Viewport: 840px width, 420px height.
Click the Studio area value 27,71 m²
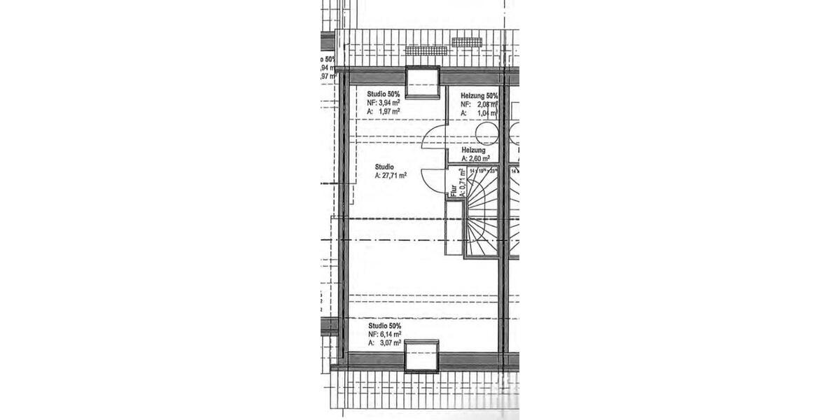coord(391,176)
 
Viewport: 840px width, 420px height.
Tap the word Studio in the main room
coord(384,167)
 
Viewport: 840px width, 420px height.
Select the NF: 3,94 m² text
coord(384,102)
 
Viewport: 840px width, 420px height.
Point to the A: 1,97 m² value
coord(384,111)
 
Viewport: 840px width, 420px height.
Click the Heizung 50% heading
coord(479,96)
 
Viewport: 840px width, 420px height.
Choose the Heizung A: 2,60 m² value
coord(475,159)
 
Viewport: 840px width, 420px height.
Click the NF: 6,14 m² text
coord(384,335)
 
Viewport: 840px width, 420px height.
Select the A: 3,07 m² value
coord(384,344)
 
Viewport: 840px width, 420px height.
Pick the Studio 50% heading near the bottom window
coord(384,326)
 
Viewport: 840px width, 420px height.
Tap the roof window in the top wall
coord(423,83)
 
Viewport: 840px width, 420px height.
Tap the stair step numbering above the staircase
coord(483,170)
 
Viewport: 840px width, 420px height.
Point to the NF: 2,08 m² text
coord(479,104)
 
